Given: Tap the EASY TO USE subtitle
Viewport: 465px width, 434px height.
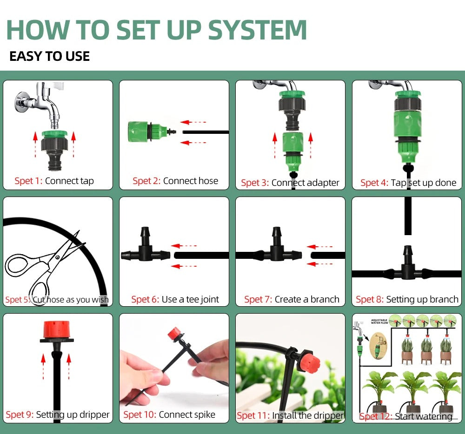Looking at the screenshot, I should [49, 57].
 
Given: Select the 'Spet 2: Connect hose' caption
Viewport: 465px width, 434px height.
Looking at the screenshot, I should [175, 181].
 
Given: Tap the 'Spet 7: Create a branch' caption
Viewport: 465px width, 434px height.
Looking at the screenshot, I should [292, 300].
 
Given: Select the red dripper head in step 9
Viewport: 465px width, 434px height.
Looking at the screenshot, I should [57, 329].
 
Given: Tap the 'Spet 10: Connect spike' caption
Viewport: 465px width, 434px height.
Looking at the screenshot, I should [169, 414].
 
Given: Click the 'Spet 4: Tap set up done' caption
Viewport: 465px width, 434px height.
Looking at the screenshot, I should [408, 183].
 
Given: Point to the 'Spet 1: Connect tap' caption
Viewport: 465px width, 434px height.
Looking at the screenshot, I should [54, 181].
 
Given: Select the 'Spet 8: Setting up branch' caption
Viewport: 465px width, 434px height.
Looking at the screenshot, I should [407, 300].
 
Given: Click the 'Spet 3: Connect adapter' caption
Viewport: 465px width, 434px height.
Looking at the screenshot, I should [290, 183].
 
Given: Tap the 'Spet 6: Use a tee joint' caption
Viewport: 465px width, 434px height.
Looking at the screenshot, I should [175, 300].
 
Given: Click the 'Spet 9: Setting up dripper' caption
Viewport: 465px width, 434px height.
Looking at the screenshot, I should [58, 414].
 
